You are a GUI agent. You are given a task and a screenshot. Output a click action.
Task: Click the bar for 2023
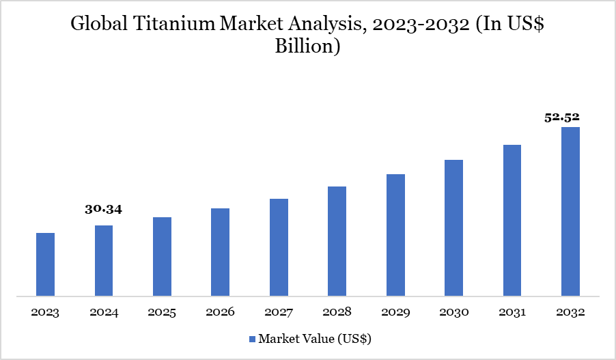pyautogui.click(x=45, y=265)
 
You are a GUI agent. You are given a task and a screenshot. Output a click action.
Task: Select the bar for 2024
pyautogui.click(x=104, y=261)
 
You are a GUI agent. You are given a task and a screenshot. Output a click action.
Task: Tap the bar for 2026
pyautogui.click(x=220, y=253)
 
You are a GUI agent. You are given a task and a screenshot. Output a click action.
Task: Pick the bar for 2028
pyautogui.click(x=337, y=242)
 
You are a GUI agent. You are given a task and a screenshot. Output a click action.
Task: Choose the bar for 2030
pyautogui.click(x=453, y=228)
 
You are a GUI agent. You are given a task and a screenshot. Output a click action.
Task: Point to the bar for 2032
pyautogui.click(x=570, y=212)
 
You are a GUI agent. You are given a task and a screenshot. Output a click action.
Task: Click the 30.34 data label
pyautogui.click(x=103, y=210)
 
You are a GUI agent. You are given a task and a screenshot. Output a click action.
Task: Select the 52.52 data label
pyautogui.click(x=561, y=117)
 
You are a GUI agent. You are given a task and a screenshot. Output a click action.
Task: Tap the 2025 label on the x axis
pyautogui.click(x=162, y=313)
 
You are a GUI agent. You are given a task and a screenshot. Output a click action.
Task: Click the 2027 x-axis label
pyautogui.click(x=279, y=313)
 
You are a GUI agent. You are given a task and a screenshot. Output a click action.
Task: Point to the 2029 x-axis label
pyautogui.click(x=395, y=313)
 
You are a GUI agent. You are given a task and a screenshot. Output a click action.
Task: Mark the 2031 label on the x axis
pyautogui.click(x=512, y=313)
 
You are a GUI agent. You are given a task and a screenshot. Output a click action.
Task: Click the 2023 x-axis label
pyautogui.click(x=45, y=313)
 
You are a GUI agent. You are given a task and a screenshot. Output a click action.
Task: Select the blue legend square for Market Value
pyautogui.click(x=251, y=339)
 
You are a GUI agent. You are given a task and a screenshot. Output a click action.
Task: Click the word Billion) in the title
pyautogui.click(x=308, y=48)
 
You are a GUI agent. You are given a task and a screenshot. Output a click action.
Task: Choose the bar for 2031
pyautogui.click(x=512, y=221)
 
